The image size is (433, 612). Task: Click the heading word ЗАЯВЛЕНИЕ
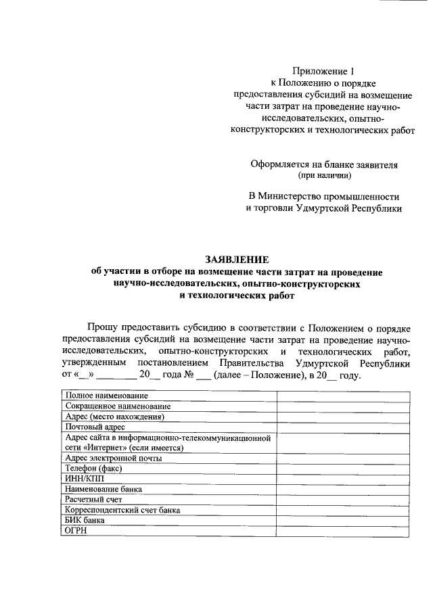pyautogui.click(x=237, y=260)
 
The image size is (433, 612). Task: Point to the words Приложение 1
pyautogui.click(x=323, y=70)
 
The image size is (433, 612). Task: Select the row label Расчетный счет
pyautogui.click(x=93, y=499)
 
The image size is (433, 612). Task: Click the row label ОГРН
pyautogui.click(x=76, y=530)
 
